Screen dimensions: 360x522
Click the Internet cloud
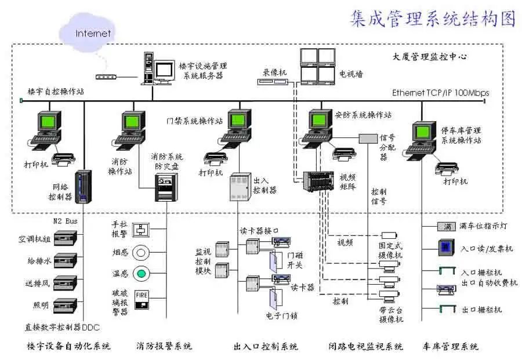pos(92,31)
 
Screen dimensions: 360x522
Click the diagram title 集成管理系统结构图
pos(432,19)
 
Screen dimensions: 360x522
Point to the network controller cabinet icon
pos(85,187)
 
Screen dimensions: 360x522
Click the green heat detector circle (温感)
pos(142,273)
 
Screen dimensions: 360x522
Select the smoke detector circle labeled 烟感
pos(142,253)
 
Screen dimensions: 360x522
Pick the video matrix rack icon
pos(317,182)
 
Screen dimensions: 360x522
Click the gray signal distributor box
pos(368,139)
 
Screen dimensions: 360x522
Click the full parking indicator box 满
pos(447,226)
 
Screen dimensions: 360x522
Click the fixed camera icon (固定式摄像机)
pos(388,235)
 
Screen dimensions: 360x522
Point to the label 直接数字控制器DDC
pos(63,326)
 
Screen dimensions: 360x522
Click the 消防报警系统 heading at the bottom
pos(164,347)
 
